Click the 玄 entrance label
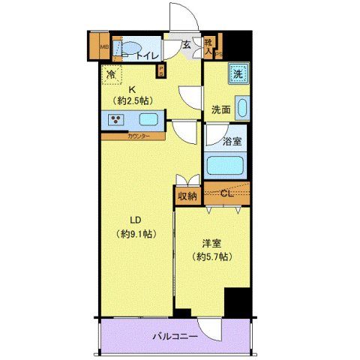point(187,43)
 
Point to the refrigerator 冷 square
point(110,74)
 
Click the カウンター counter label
point(136,136)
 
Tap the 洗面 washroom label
point(220,109)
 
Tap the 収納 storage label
point(187,196)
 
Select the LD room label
point(136,220)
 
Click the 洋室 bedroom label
point(211,243)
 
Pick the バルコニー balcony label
point(177,336)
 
